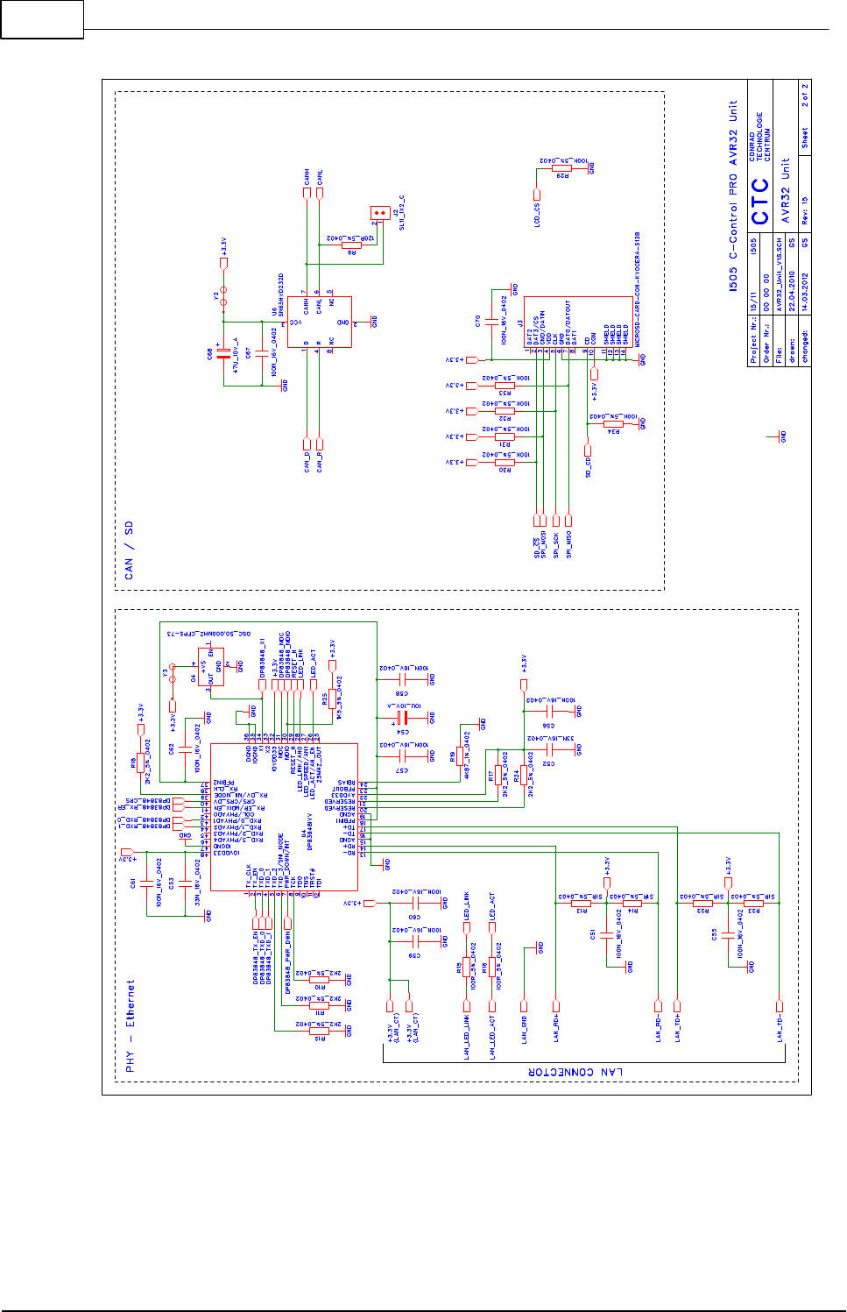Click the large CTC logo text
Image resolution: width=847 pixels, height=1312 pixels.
pyautogui.click(x=759, y=201)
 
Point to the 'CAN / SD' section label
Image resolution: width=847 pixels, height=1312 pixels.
pyautogui.click(x=130, y=550)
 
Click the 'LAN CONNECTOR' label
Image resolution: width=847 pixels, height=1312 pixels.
pyautogui.click(x=575, y=1072)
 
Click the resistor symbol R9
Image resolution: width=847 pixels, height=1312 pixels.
pyautogui.click(x=351, y=245)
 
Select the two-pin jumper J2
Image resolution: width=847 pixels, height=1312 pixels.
pyautogui.click(x=380, y=213)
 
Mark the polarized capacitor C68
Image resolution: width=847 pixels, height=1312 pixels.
pyautogui.click(x=224, y=352)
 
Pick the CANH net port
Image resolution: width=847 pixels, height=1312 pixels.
pyautogui.click(x=307, y=192)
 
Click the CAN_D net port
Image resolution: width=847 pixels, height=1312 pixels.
pyautogui.click(x=307, y=443)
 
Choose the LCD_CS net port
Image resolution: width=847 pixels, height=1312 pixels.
pyautogui.click(x=537, y=195)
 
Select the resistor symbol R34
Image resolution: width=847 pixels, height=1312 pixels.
pyautogui.click(x=613, y=424)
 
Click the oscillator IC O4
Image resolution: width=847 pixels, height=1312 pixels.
pyautogui.click(x=210, y=667)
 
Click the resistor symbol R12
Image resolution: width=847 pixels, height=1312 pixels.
pyautogui.click(x=318, y=1031)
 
